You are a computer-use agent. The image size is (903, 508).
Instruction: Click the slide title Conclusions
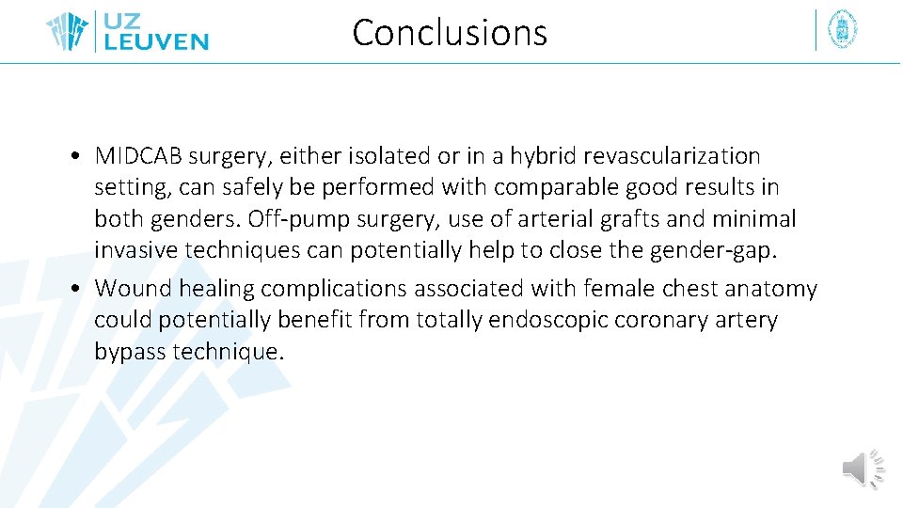(x=450, y=32)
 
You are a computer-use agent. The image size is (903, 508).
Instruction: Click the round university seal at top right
(x=841, y=30)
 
